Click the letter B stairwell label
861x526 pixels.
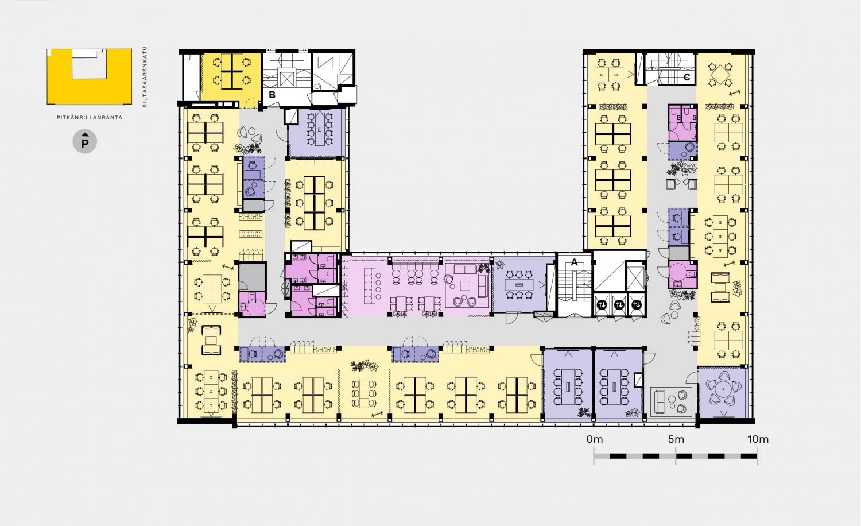coord(272,95)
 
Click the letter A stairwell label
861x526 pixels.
coord(574,262)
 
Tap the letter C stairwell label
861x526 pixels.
coord(687,77)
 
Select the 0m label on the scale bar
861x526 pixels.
coord(595,439)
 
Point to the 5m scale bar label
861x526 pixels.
coord(676,439)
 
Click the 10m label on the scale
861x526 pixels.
coord(758,439)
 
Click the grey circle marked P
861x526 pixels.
coord(84,142)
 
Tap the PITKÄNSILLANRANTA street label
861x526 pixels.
coord(90,118)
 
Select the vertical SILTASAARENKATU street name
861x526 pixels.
coord(145,77)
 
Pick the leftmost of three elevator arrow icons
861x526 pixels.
coord(602,305)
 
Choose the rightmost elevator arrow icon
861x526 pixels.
coord(637,305)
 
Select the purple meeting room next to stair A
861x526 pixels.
coord(519,284)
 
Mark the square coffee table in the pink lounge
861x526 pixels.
coord(465,285)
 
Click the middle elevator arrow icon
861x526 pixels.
coord(619,305)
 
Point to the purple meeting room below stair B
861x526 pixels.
coord(317,133)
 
